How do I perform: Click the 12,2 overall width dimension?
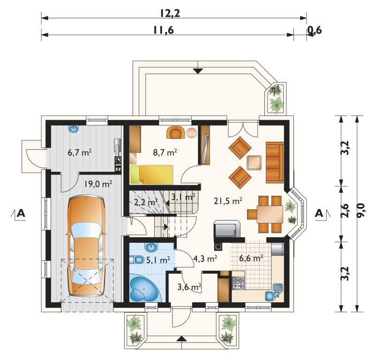click(170, 14)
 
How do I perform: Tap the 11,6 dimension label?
click(164, 31)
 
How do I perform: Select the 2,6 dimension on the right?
click(345, 210)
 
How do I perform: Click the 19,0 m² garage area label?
click(98, 184)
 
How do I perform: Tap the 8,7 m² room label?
click(165, 153)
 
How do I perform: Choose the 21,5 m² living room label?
click(228, 200)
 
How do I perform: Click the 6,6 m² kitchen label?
click(251, 259)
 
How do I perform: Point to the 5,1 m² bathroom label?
click(158, 260)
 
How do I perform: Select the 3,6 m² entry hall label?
click(189, 287)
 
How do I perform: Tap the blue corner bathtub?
click(144, 289)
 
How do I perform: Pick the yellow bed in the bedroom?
click(152, 175)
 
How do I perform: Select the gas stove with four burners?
click(238, 283)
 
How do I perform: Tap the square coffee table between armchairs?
click(254, 163)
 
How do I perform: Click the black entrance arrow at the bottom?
click(182, 339)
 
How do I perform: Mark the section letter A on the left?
click(21, 213)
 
